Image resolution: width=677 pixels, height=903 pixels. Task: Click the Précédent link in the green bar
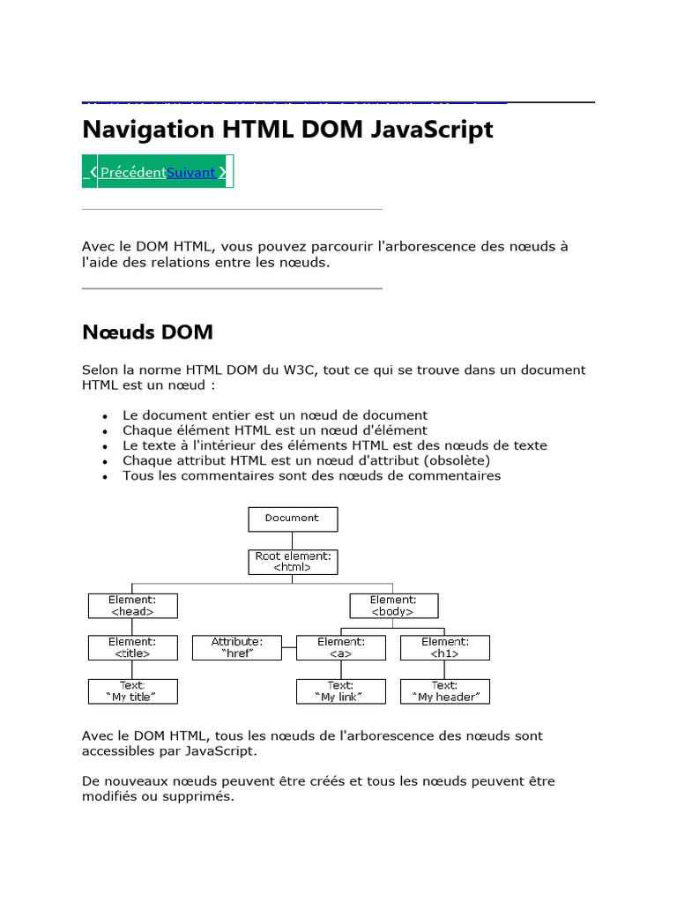pos(132,172)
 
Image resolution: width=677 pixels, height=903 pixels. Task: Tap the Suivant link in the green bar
pos(191,172)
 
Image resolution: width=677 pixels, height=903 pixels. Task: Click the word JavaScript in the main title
pos(433,131)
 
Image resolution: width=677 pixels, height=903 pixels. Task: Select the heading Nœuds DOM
pos(147,332)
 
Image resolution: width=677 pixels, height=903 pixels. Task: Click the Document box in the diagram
pos(293,519)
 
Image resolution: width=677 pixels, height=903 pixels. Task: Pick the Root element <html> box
pos(293,562)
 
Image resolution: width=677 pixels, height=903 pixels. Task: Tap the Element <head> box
pos(132,605)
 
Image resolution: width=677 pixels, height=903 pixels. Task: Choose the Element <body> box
pos(393,605)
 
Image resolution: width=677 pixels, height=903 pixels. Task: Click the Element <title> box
pos(132,648)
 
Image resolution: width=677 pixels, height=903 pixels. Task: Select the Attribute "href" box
pos(237,648)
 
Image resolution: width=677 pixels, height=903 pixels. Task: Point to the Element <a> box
pos(341,648)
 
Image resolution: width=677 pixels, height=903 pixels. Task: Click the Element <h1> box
pos(445,648)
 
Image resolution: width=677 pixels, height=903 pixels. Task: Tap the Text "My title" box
pos(132,691)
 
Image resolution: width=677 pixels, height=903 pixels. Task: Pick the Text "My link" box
pos(341,691)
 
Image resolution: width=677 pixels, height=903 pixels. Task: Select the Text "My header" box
pos(445,691)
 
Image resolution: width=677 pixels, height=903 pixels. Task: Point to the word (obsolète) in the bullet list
pos(457,460)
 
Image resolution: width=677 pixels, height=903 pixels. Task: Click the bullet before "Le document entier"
pos(105,416)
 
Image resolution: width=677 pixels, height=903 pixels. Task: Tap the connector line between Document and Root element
pos(293,541)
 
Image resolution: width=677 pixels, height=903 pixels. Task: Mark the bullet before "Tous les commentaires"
pos(105,477)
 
